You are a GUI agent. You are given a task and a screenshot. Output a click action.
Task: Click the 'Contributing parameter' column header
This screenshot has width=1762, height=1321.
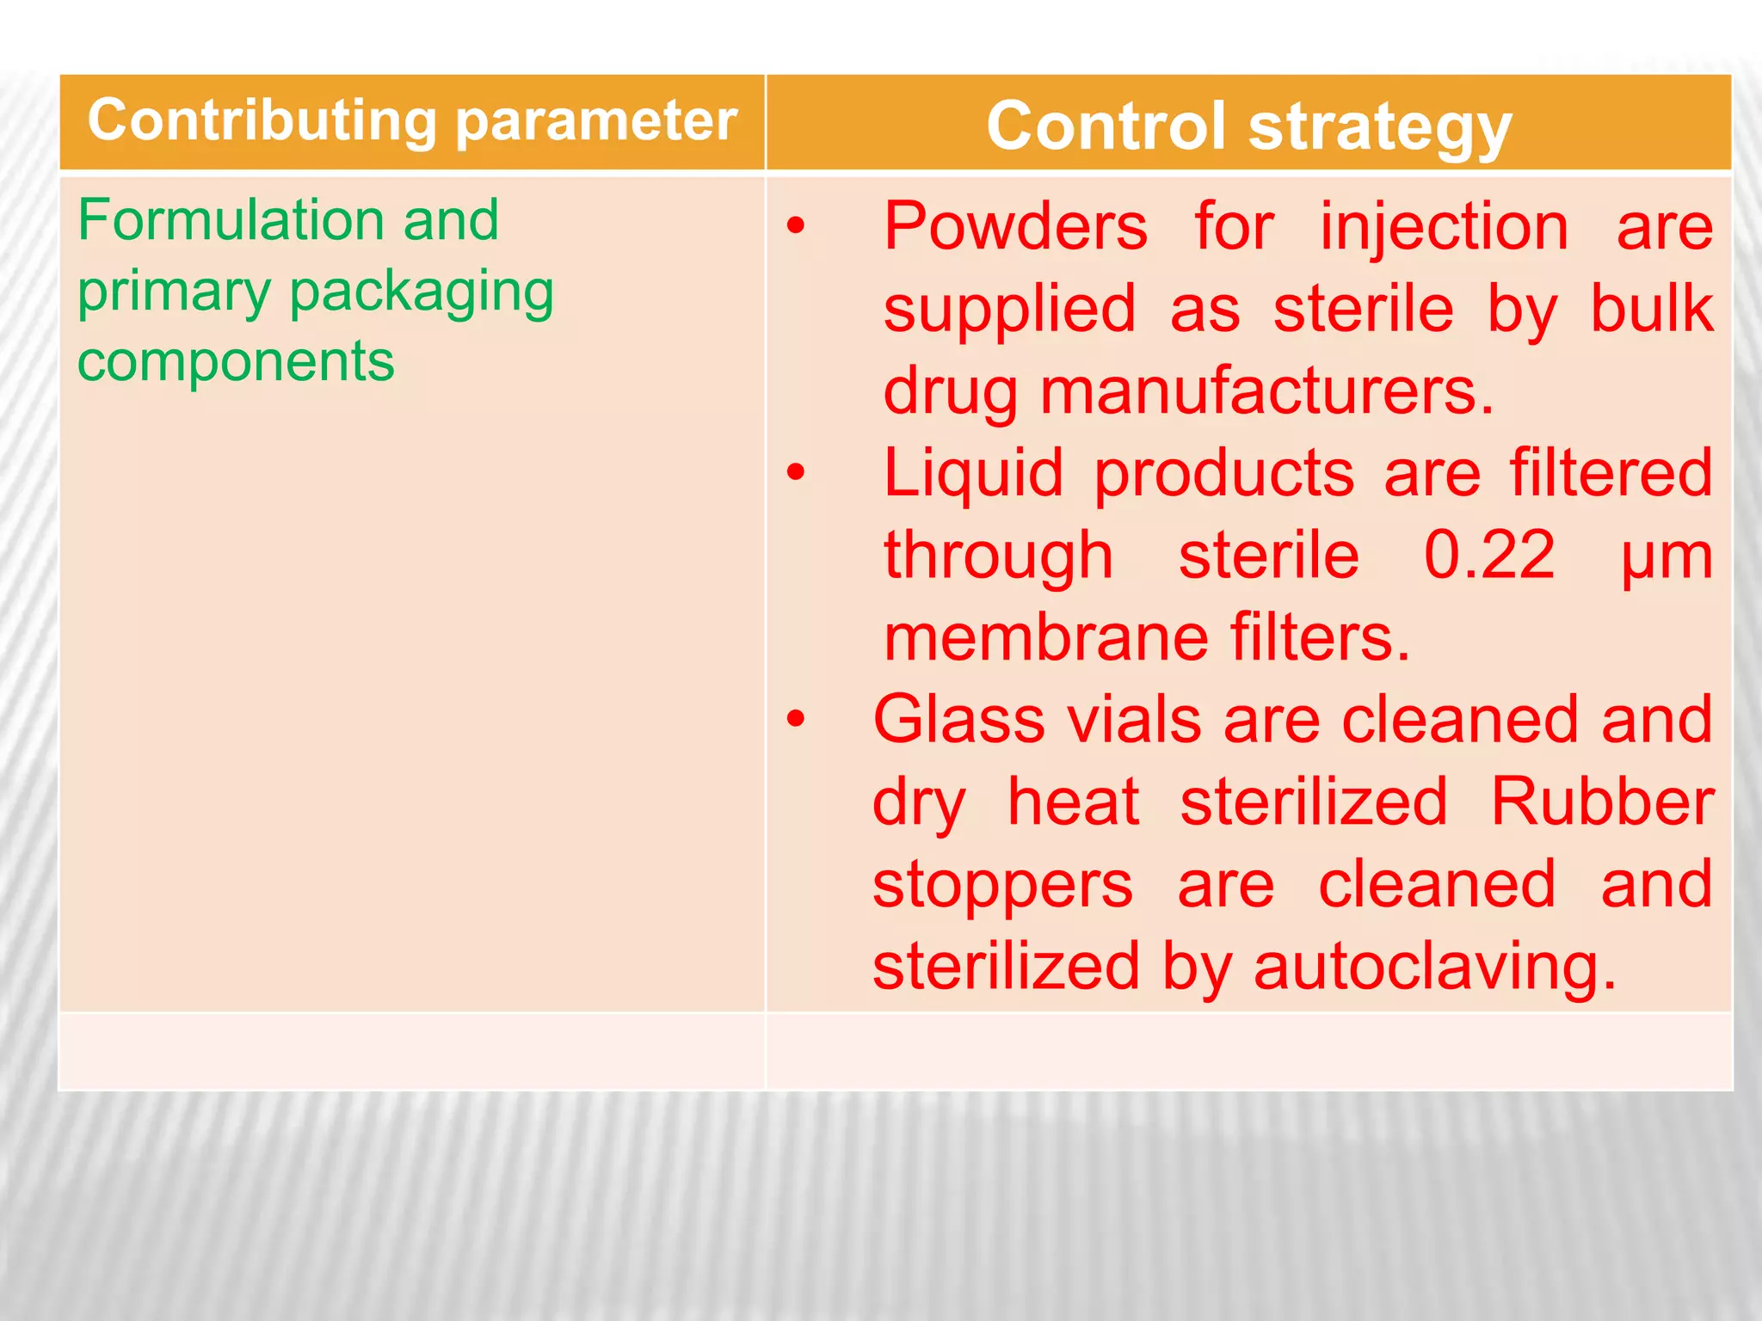point(412,121)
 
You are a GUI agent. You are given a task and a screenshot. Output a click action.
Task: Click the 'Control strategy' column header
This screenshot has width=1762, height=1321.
point(1248,126)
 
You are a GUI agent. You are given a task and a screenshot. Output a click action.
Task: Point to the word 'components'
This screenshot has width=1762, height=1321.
point(236,361)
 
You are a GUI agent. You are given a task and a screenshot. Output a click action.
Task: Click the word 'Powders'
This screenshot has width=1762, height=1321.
point(1015,227)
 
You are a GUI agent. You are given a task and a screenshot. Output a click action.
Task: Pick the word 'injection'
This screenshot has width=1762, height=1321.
point(1445,227)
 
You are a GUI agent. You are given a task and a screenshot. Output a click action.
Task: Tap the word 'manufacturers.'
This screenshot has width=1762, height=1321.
point(1266,392)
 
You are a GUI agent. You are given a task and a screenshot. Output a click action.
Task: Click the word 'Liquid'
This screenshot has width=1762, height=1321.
point(973,474)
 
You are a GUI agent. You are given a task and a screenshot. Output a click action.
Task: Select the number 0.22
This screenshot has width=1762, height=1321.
point(1489,556)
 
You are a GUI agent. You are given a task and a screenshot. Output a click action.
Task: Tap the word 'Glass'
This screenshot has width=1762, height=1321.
point(958,720)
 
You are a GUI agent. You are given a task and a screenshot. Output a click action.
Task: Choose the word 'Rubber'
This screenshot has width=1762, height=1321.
point(1602,802)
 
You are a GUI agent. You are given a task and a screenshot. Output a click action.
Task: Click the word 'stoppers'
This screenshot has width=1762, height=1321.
point(1002,885)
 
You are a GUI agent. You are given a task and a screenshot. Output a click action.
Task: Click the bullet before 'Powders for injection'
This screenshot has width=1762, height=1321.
point(796,226)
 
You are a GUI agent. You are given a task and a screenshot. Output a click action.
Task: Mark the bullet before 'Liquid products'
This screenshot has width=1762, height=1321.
point(796,472)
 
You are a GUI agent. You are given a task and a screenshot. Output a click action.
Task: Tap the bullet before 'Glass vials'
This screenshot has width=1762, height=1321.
point(796,718)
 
